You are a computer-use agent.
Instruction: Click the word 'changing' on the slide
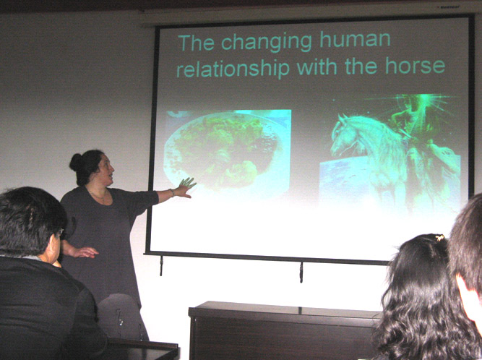point(266,43)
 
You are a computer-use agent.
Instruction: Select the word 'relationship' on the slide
point(233,68)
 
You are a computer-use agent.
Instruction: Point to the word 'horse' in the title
point(415,65)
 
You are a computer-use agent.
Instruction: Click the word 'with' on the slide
point(317,67)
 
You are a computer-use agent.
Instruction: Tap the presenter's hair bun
point(76,163)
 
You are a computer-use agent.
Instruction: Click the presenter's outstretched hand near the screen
point(185,187)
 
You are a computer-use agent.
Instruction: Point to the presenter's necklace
point(98,195)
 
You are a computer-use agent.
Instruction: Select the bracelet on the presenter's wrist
point(173,193)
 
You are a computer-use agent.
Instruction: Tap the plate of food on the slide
point(222,150)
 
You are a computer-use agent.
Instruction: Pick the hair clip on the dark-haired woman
point(440,237)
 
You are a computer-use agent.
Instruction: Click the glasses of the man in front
point(61,233)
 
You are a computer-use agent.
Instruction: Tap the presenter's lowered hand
point(83,252)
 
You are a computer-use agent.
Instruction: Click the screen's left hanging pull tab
point(161,265)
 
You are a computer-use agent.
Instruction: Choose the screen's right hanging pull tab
point(301,272)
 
